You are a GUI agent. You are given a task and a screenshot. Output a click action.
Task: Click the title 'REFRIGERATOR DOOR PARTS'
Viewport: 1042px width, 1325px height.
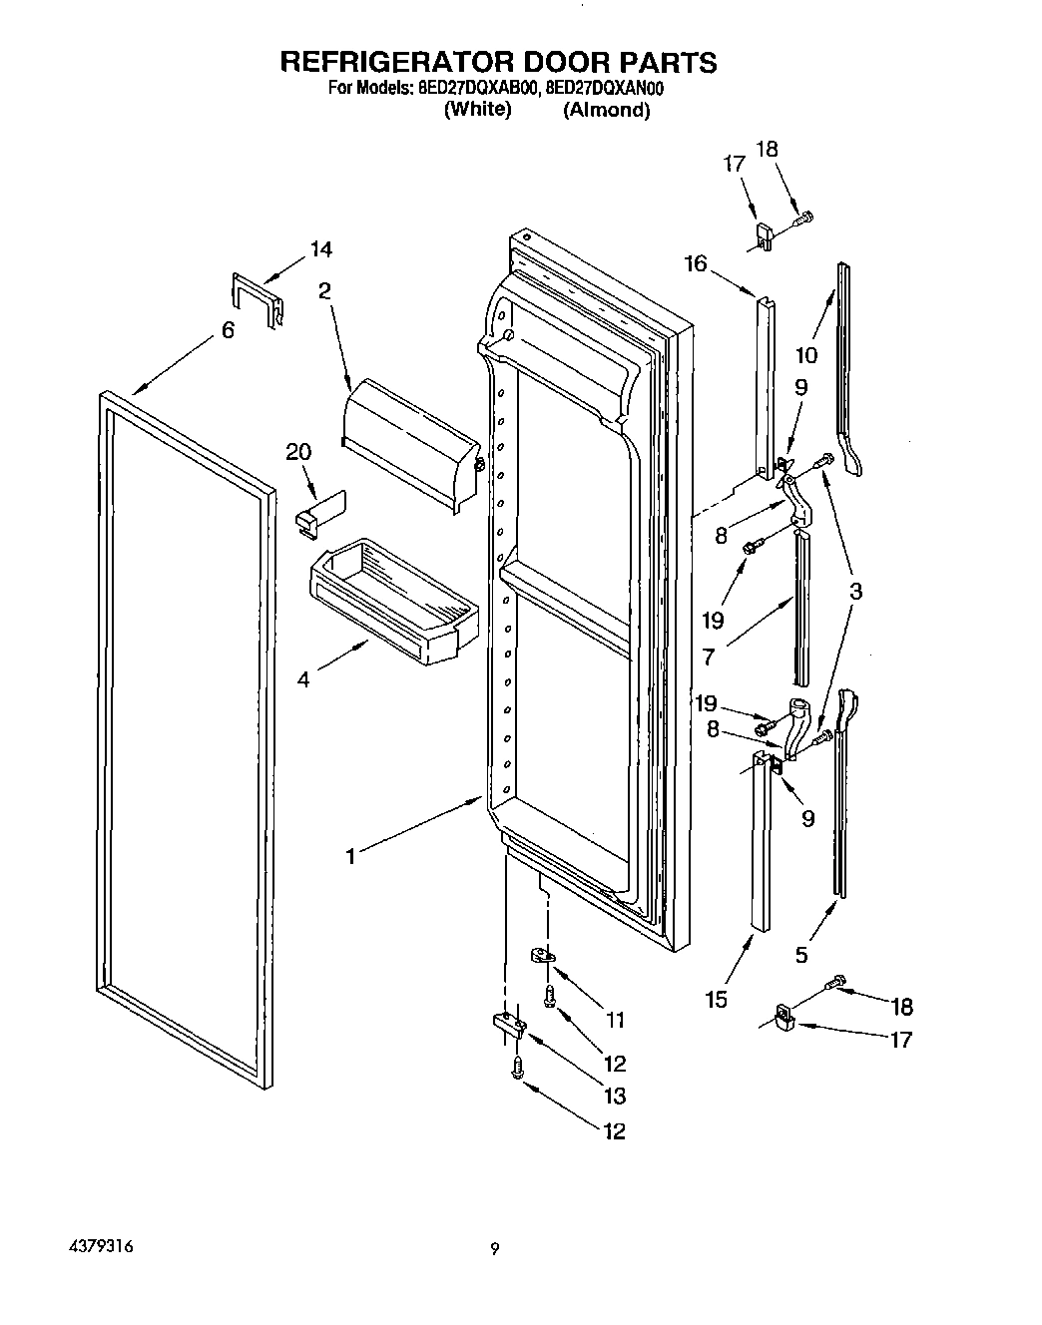[498, 62]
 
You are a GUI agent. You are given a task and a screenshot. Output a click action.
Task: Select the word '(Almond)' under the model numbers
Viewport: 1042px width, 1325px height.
[606, 111]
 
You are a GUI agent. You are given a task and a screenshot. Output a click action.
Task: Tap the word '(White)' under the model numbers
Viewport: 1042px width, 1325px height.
[477, 110]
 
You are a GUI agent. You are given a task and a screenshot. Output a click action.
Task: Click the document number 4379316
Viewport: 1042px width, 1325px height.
[100, 1247]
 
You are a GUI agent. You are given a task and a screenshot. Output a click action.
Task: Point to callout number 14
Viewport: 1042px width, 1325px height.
[321, 249]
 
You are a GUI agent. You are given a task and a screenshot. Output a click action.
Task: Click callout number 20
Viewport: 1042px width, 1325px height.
[298, 452]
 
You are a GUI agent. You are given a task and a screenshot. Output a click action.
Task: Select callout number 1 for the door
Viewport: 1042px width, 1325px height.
[350, 856]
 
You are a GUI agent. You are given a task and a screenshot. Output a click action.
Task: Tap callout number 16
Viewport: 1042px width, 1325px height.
[695, 263]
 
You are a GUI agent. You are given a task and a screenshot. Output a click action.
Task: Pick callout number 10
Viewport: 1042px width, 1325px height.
[806, 354]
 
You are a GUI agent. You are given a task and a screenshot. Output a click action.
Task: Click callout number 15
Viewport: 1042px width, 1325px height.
[716, 999]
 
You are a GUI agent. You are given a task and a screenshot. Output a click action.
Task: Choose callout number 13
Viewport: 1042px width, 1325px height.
[615, 1096]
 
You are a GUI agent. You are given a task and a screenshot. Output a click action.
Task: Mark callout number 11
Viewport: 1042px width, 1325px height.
[615, 1020]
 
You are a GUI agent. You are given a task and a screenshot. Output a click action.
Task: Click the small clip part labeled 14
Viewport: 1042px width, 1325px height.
[256, 299]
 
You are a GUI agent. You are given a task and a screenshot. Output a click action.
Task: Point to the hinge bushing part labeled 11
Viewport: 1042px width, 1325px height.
[541, 956]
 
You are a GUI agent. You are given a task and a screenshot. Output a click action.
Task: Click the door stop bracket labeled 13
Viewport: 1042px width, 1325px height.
[508, 1022]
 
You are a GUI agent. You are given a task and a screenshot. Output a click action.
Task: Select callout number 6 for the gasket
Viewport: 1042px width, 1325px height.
[228, 329]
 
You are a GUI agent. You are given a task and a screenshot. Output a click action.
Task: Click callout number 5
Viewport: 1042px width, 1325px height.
[801, 955]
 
